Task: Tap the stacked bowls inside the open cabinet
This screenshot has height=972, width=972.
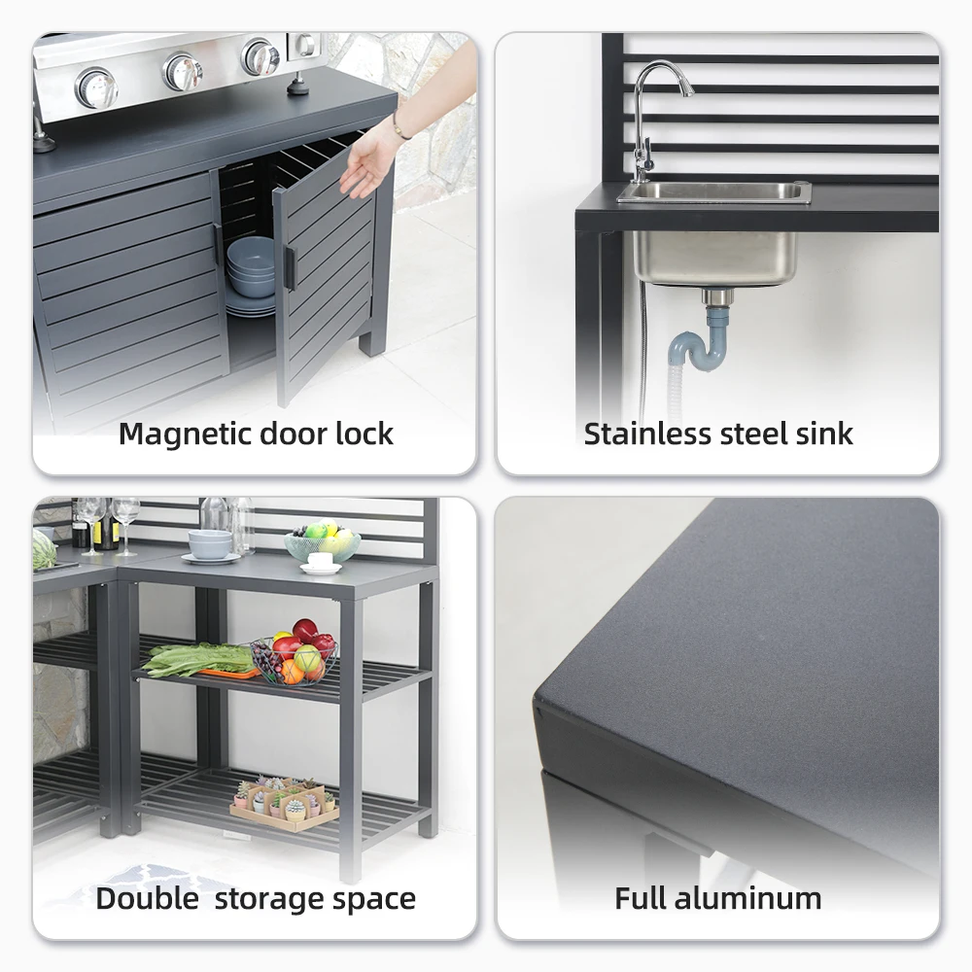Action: click(x=251, y=272)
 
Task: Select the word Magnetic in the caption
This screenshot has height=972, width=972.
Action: click(x=185, y=434)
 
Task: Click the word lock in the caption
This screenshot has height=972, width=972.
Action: click(x=364, y=434)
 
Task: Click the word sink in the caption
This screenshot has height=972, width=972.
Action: click(x=824, y=434)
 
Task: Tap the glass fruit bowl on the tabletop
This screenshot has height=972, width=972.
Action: click(x=322, y=545)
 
